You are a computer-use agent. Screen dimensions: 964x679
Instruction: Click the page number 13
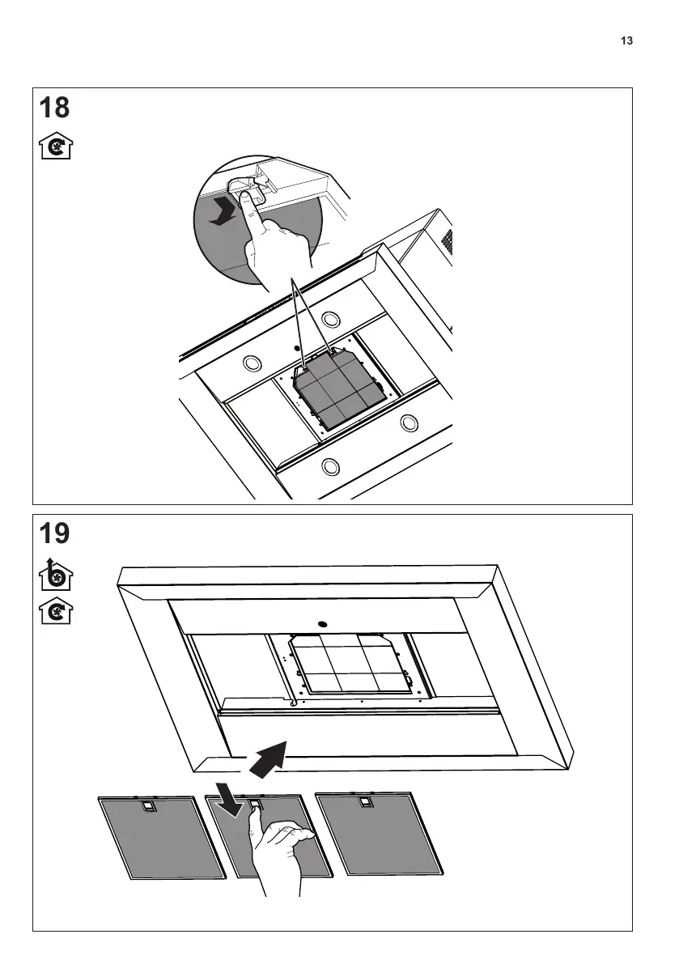point(626,41)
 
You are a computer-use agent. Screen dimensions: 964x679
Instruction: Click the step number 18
point(54,108)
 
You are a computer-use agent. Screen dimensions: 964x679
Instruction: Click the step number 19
point(54,533)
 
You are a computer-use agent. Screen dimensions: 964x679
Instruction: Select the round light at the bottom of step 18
point(330,465)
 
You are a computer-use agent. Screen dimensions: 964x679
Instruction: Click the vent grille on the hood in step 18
point(444,240)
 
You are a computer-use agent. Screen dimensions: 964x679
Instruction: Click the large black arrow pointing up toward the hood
point(269,758)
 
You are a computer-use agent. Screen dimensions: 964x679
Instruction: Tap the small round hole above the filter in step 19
point(321,624)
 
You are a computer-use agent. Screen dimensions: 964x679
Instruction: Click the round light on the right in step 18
point(410,422)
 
